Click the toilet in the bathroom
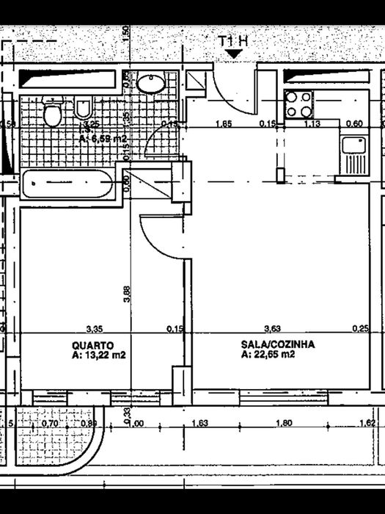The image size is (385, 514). coord(52,113)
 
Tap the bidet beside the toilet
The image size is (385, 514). coord(82,110)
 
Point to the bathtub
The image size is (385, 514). coord(67,184)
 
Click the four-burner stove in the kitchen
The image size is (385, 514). coord(298,104)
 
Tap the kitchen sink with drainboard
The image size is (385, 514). coord(353,152)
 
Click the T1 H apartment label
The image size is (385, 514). coord(234,41)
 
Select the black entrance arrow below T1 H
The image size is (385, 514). coord(234,54)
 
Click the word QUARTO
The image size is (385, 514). coord(92,344)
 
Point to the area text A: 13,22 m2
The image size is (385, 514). coord(99,355)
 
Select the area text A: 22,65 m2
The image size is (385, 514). coord(268,354)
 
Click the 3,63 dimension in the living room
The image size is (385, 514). coord(272,329)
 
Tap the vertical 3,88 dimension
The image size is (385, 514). coord(127,294)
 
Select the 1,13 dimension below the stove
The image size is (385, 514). coord(312,124)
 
